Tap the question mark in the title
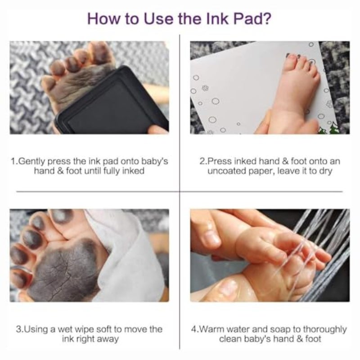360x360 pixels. click(266, 18)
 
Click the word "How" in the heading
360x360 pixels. click(104, 18)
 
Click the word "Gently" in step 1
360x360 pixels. click(31, 162)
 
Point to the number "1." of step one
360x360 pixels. click(14, 162)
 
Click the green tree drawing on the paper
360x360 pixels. click(328, 129)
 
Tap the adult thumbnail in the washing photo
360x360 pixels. click(211, 237)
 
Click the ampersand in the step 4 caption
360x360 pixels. click(300, 339)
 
